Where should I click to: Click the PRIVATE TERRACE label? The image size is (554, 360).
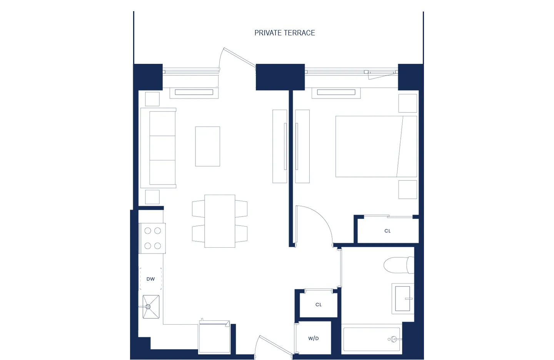point(284,33)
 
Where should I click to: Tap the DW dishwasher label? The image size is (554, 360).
point(150,279)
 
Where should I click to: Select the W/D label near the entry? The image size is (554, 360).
point(313,338)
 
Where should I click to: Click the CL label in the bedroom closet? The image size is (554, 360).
point(387,231)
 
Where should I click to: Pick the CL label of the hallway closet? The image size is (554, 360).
point(318,305)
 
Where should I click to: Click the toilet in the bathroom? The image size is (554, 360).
point(398,265)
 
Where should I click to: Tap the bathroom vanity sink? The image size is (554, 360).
point(402,298)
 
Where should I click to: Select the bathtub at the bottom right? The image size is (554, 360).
point(371,339)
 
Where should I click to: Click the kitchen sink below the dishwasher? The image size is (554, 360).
point(151,307)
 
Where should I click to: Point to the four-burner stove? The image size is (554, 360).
point(152,238)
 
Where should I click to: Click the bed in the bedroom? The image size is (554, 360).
point(375,147)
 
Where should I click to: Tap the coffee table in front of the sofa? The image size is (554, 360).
point(207,147)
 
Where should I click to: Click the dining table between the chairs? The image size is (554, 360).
point(220,221)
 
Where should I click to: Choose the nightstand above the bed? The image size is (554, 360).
point(407,103)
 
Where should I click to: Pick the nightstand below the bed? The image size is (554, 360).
point(407,190)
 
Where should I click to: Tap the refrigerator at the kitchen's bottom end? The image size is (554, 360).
point(214,338)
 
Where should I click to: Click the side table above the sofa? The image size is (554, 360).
point(152,99)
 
